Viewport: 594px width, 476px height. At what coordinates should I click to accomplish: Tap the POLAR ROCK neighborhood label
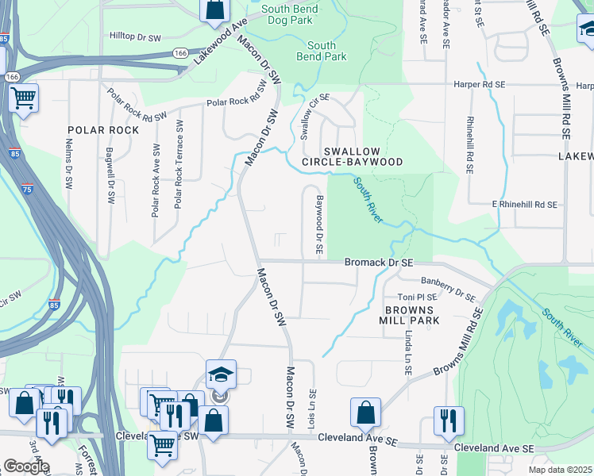tap(103, 130)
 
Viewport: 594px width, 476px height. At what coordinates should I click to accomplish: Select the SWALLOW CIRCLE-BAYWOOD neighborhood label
tap(363, 156)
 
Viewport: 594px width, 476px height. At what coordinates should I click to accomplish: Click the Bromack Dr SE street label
tap(379, 262)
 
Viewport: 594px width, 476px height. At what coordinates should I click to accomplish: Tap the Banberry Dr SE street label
tap(448, 286)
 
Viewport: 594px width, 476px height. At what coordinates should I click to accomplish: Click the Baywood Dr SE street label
tap(319, 225)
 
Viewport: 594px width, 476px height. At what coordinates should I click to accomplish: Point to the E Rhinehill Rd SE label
tap(524, 205)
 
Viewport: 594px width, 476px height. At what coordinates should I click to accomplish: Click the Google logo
tap(25, 466)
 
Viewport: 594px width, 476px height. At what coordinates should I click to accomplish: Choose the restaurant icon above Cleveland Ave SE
tap(449, 420)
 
